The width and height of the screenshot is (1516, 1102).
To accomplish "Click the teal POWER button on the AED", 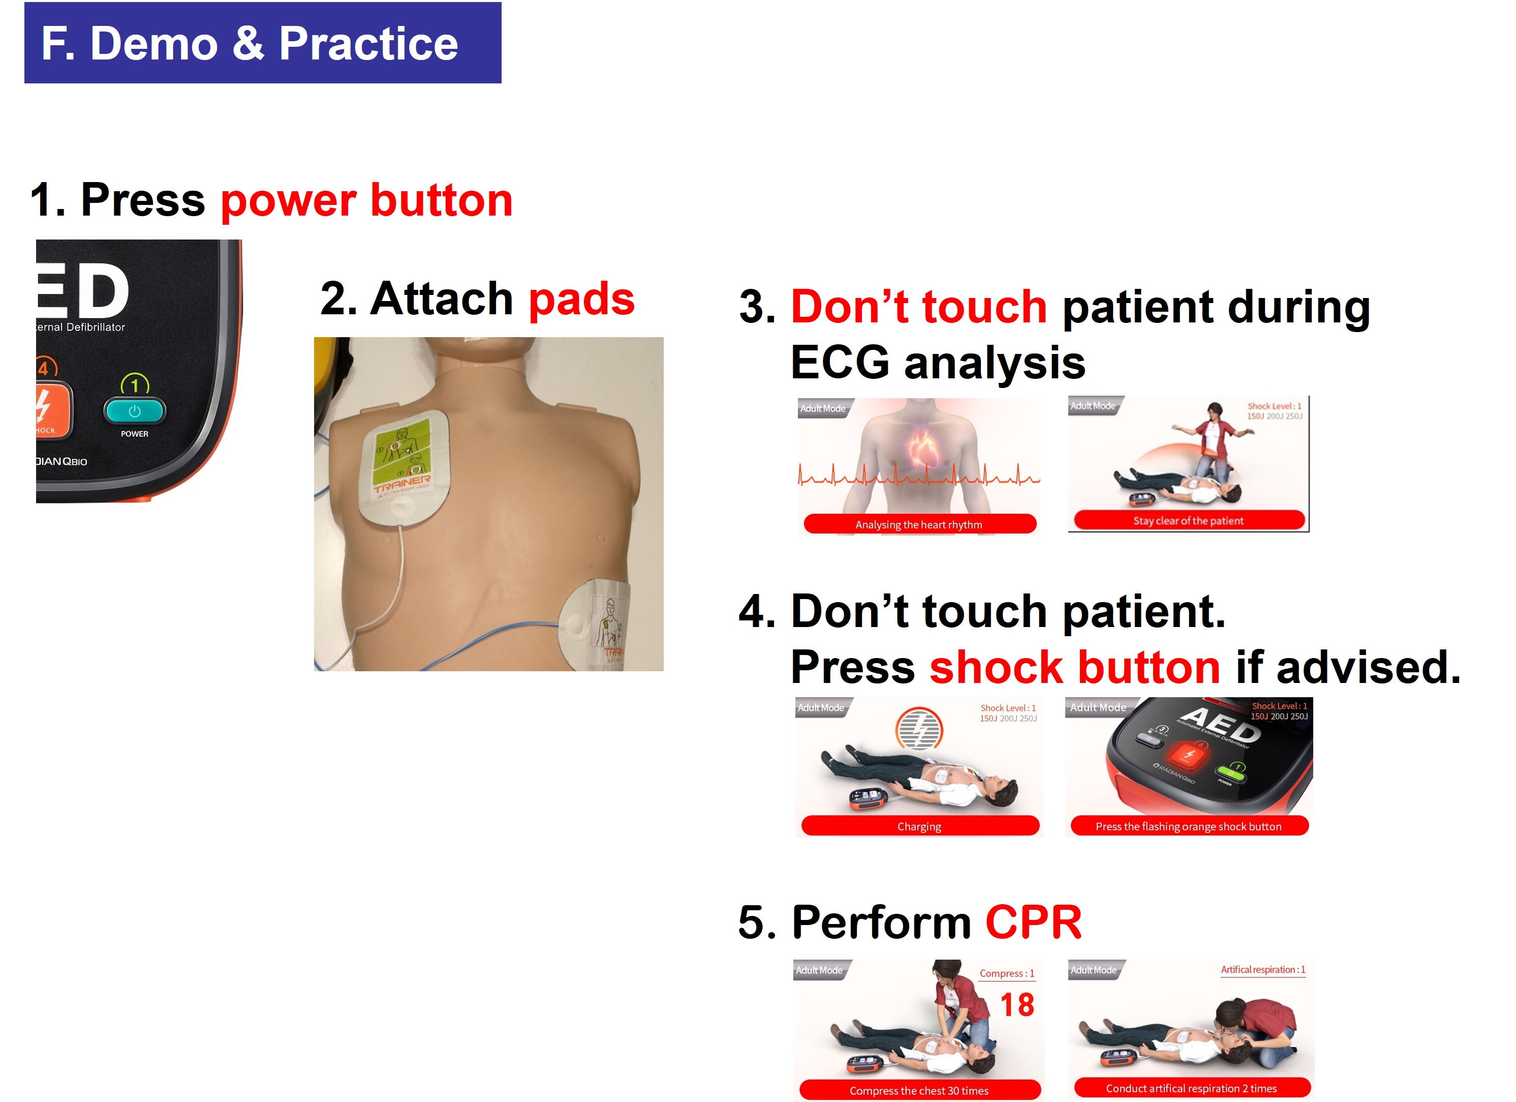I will click(134, 410).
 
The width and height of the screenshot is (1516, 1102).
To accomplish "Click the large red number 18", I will click(1017, 1005).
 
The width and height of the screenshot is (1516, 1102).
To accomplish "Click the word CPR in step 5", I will click(1033, 922).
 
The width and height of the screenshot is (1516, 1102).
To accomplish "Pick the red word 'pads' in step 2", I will click(581, 299).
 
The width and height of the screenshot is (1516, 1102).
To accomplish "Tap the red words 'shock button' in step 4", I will click(1074, 667).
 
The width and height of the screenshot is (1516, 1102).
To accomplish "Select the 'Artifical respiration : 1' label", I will click(1262, 970).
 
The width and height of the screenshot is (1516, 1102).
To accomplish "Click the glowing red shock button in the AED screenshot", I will click(1189, 756).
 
